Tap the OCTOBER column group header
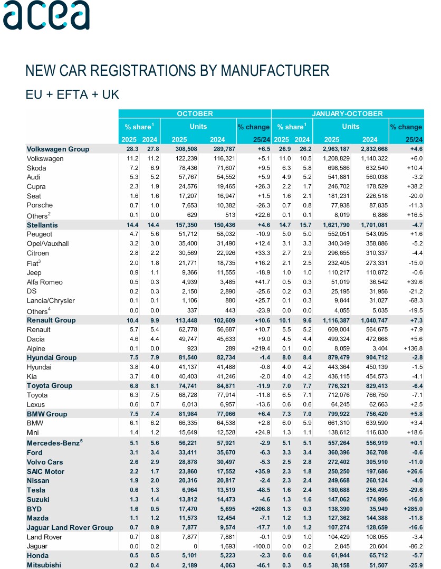[x=195, y=113]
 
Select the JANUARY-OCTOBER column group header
[x=348, y=113]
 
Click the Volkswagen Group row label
[x=58, y=149]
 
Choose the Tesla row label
[x=36, y=490]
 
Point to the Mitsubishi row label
[x=44, y=565]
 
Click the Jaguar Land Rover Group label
[x=70, y=528]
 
